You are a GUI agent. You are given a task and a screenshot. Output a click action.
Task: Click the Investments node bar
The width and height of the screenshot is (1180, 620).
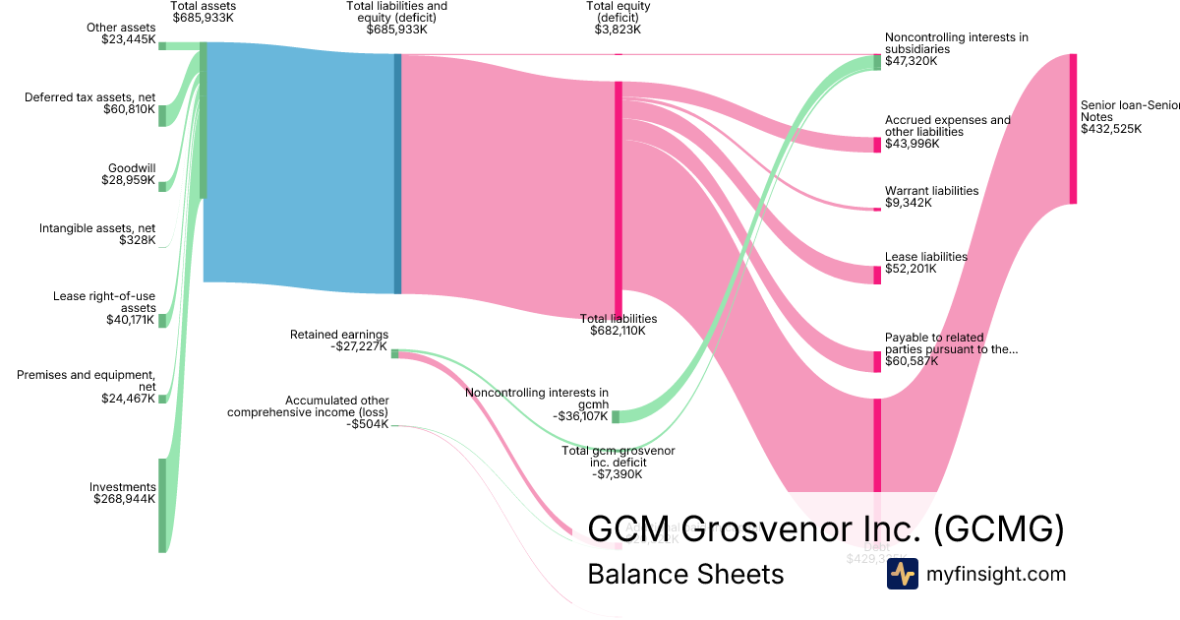(162, 505)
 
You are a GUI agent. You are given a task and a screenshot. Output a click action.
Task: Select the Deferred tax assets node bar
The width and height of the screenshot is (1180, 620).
(162, 115)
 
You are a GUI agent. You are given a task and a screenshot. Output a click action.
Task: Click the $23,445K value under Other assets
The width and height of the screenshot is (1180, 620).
(128, 39)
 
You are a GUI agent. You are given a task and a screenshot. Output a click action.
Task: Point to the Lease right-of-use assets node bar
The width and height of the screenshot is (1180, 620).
(162, 320)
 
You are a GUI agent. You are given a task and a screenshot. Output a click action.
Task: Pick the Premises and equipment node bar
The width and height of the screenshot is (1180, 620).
(162, 399)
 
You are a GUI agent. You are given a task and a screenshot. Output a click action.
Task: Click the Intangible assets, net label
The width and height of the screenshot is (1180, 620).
(97, 228)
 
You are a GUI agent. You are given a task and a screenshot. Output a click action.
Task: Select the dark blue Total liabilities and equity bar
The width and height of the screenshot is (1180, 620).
(397, 173)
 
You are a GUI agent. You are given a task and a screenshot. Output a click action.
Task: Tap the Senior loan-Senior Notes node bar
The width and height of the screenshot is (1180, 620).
(1073, 129)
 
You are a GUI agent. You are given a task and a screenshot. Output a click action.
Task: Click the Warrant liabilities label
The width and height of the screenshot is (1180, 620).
(931, 191)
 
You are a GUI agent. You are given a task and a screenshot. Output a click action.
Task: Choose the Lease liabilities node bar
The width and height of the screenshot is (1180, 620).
(877, 275)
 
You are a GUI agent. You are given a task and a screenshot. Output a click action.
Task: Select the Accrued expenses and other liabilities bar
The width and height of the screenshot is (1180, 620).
(877, 145)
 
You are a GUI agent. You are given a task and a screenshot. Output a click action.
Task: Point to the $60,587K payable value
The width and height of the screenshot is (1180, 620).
(912, 361)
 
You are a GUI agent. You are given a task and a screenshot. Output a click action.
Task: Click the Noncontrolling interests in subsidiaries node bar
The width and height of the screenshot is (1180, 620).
(877, 62)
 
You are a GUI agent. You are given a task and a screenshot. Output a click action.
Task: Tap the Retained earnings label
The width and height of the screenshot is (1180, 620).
(338, 335)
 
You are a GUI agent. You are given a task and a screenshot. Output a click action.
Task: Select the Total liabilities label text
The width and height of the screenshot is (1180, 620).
(619, 319)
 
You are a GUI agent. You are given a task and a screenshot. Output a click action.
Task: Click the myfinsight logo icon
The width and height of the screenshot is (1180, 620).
(902, 574)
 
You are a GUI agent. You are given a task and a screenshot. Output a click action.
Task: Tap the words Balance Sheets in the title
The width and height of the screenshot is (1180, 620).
(685, 574)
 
